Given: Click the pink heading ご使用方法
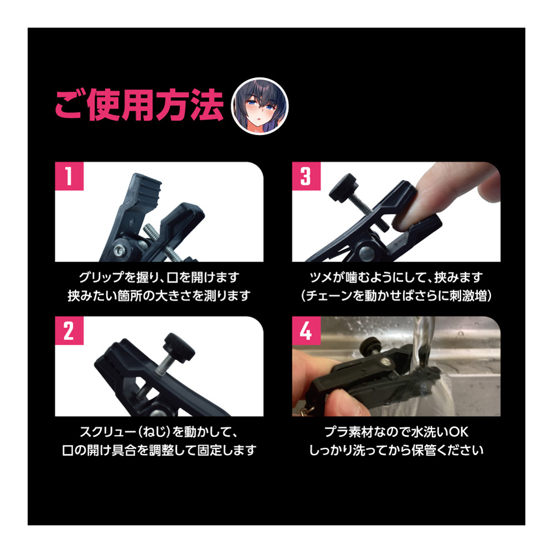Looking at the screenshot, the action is point(139,106).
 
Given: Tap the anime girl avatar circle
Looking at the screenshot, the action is point(259,106).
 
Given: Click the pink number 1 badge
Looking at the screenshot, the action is point(69,176).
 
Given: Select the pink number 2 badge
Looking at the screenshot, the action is point(69,331).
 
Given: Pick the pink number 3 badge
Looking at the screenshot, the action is point(306,176).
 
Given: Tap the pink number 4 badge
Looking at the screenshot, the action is point(306,331).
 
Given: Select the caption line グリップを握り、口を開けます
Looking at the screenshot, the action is point(159,277).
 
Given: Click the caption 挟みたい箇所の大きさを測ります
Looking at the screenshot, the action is point(159,295).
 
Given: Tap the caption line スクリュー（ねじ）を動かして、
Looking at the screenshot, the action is point(159,432).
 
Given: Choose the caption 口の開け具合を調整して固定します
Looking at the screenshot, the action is point(159,450).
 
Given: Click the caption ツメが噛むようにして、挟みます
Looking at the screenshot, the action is point(396,277).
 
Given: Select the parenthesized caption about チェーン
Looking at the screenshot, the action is point(396,295).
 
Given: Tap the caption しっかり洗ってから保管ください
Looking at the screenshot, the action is point(396,450).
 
